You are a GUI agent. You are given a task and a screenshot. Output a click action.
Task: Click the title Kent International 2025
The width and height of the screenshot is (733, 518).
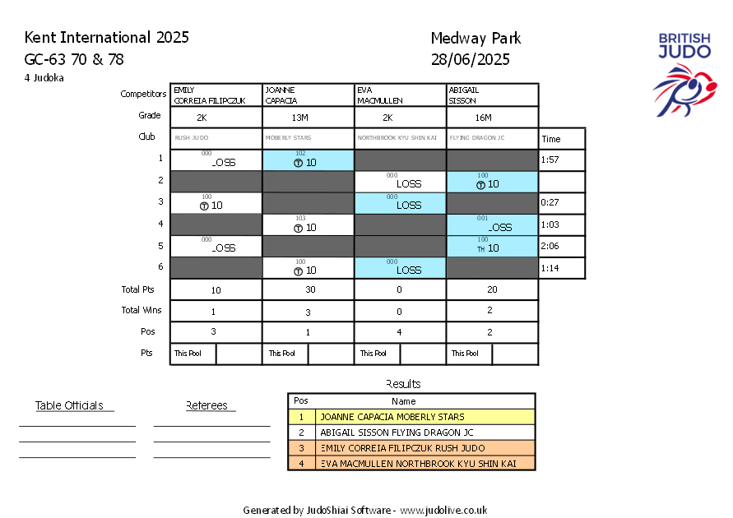point(107,38)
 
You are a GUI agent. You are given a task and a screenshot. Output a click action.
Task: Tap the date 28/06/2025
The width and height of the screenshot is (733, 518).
point(470,59)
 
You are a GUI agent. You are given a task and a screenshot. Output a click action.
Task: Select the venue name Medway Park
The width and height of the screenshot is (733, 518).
point(476,39)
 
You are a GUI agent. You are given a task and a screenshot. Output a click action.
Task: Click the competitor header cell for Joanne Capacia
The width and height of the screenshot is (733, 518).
point(308,95)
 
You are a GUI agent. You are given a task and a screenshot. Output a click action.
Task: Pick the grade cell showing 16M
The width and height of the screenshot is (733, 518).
point(492,117)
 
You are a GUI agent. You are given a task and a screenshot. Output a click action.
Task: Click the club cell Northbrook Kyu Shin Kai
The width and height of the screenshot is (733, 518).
point(400,138)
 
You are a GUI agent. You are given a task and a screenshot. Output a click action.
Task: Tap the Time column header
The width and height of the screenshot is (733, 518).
point(551,139)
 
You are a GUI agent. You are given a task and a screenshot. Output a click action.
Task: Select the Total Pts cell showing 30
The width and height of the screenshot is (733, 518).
point(308,289)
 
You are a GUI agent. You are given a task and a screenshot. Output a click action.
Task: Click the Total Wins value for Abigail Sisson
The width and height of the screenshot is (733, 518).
point(492,311)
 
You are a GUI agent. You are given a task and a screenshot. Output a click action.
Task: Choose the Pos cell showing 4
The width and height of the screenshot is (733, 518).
point(400,332)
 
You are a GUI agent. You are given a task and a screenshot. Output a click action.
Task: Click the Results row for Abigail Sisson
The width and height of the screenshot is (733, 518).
point(411,432)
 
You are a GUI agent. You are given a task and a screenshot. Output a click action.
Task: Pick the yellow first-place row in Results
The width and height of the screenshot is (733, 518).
point(411,417)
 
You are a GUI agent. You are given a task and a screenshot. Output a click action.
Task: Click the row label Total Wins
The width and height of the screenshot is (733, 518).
point(142,311)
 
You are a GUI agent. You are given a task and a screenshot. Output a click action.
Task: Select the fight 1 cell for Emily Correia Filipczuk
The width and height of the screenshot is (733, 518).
point(216,160)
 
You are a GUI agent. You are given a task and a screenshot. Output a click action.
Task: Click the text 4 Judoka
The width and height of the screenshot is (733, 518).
point(44,78)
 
